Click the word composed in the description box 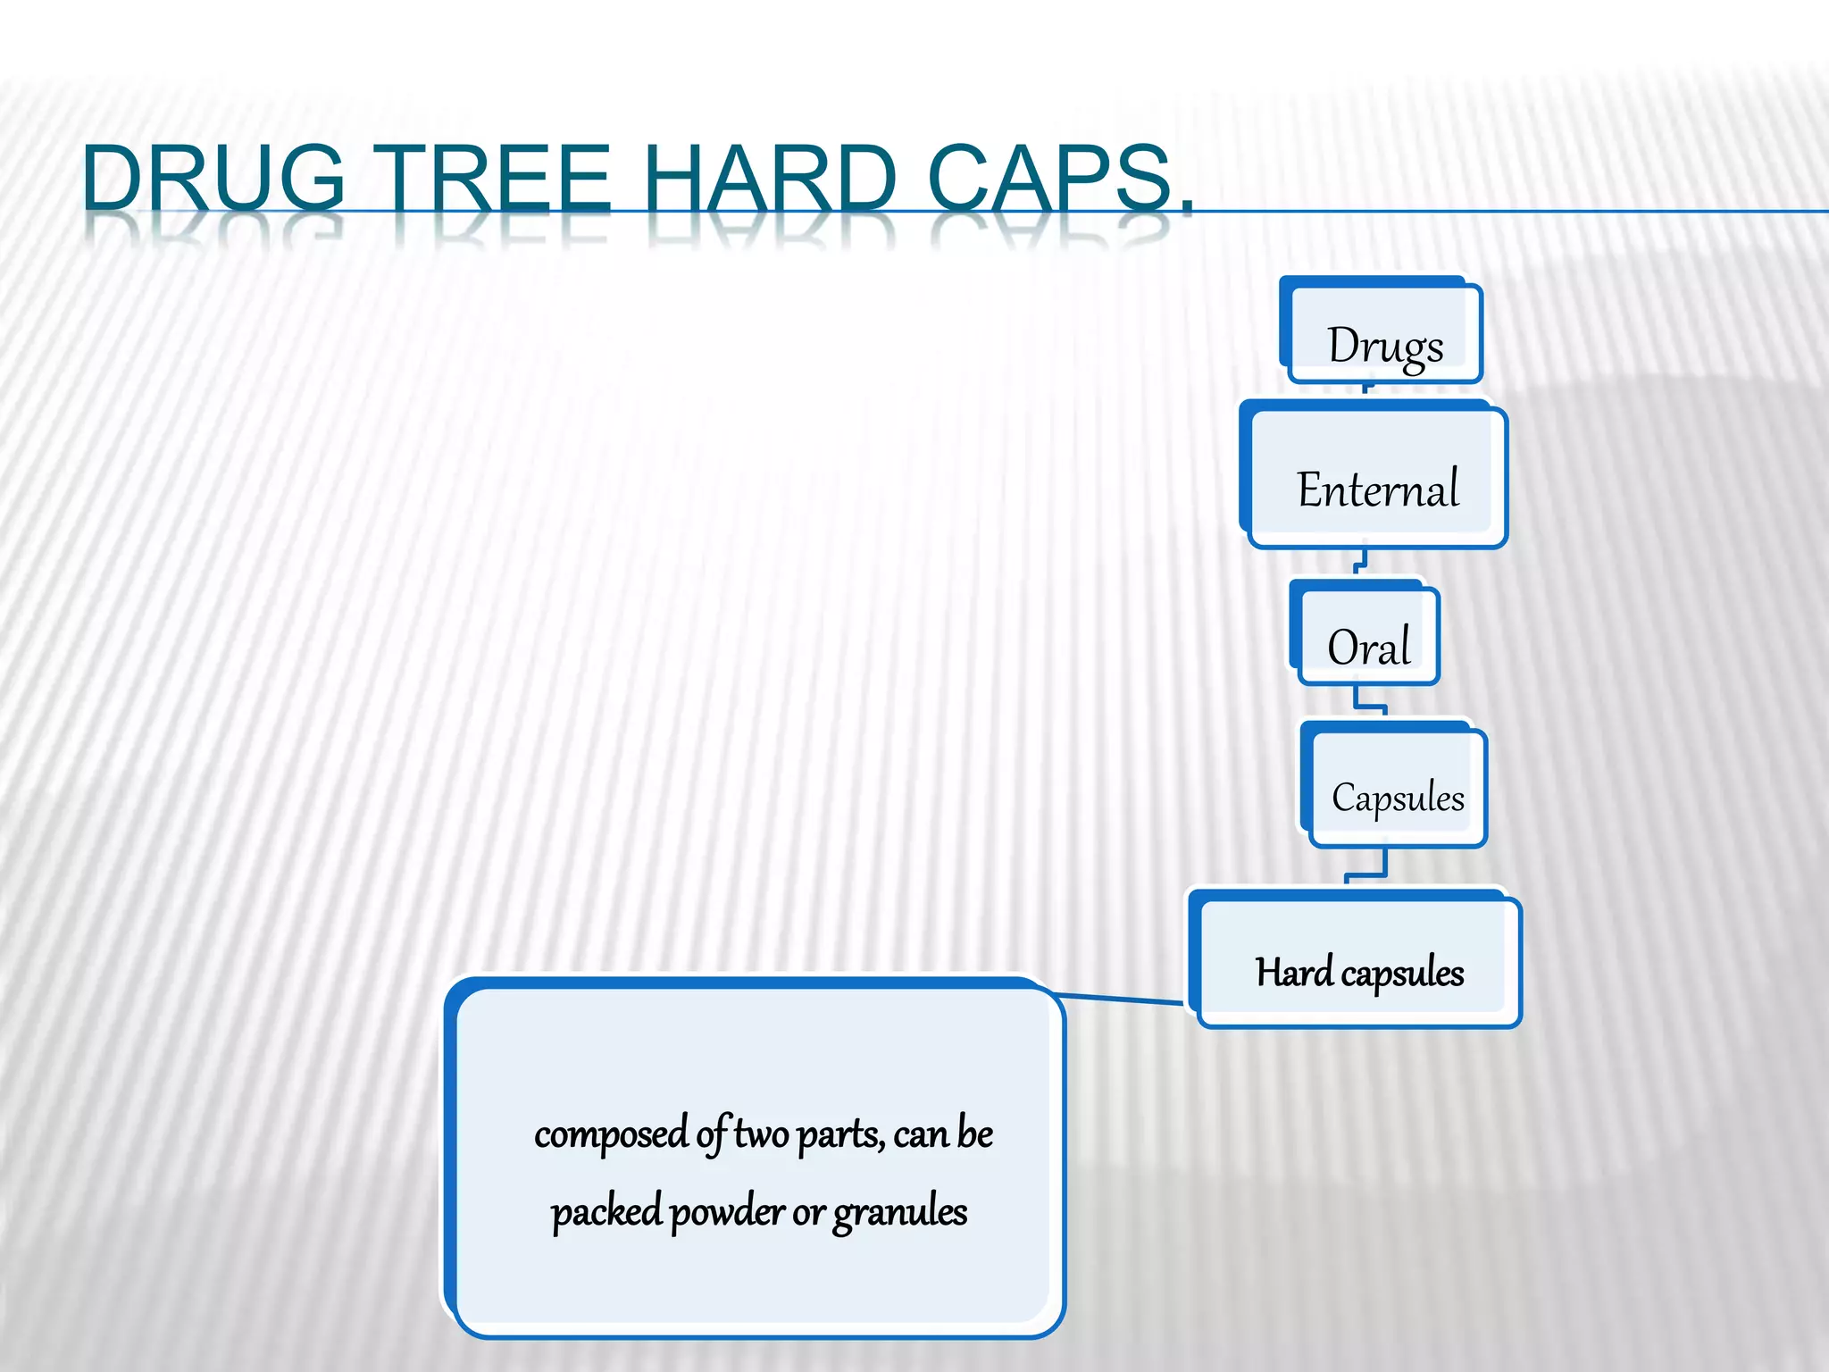point(612,1134)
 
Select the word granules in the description point(900,1213)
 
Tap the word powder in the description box point(727,1212)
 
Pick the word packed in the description point(606,1213)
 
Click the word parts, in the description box point(840,1134)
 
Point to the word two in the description point(761,1134)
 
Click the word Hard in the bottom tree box point(1293,972)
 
